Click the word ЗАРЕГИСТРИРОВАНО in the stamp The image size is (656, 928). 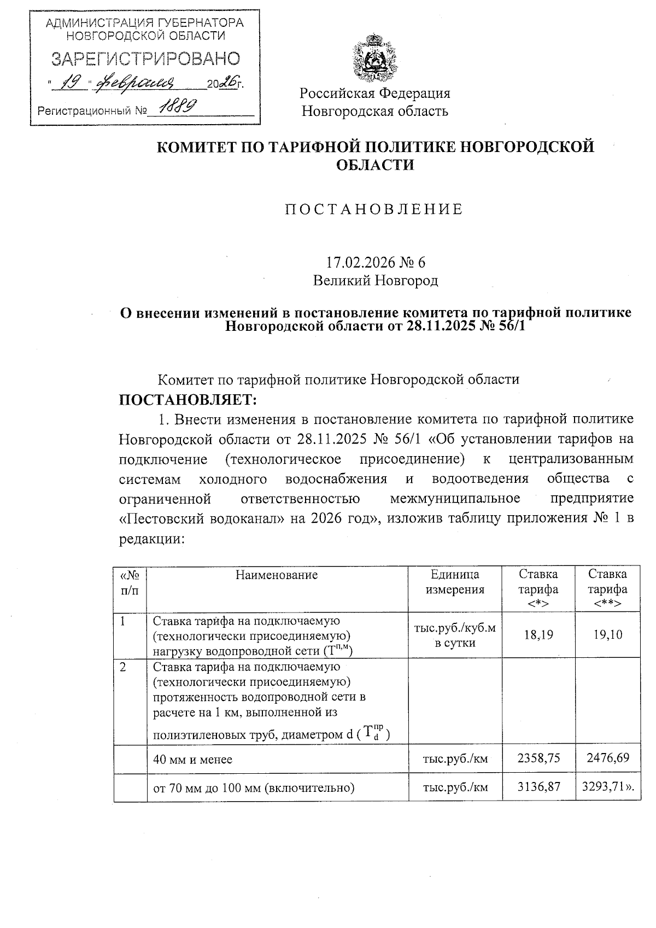pos(145,59)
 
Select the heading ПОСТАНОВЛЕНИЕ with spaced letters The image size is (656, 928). pos(374,209)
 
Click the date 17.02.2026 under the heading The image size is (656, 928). pos(359,262)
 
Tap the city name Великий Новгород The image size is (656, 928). pos(375,281)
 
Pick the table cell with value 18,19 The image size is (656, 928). pos(538,634)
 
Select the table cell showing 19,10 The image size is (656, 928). pos(607,634)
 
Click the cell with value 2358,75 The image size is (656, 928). pos(538,758)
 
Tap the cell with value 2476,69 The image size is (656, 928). pos(607,758)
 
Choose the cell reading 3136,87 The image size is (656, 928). pos(538,787)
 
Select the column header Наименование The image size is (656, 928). pos(277,574)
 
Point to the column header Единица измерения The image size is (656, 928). pos(455,582)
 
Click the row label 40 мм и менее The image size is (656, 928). pos(192,759)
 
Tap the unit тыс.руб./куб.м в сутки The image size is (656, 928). pos(455,635)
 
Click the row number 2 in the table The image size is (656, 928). pos(124,667)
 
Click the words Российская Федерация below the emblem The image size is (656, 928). pos(375,93)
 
